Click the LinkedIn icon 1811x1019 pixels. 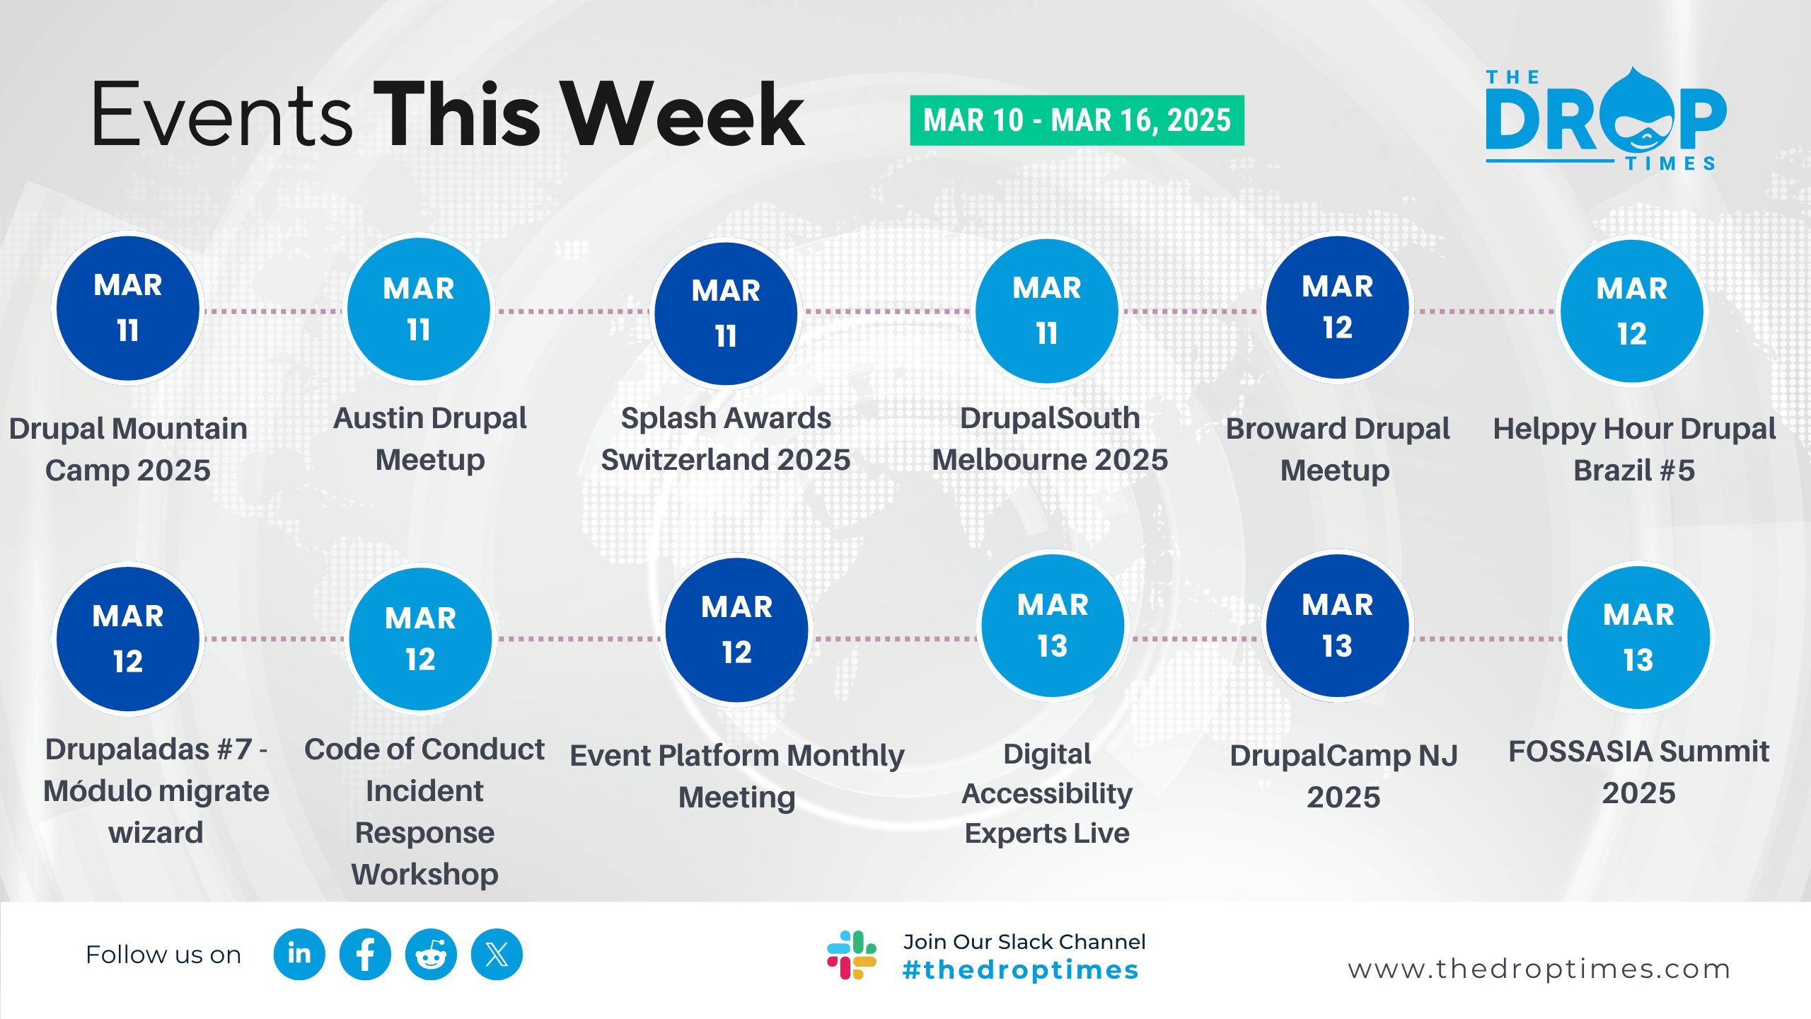[299, 955]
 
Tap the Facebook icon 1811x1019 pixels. [365, 955]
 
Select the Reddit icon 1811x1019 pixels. [431, 955]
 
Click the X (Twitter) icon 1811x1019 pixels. [497, 955]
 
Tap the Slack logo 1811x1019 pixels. [852, 955]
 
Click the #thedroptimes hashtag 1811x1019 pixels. [1020, 970]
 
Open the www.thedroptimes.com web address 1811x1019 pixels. [1539, 969]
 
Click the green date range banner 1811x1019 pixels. [1077, 120]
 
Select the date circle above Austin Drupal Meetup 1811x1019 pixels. [419, 309]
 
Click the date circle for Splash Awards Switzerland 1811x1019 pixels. [726, 313]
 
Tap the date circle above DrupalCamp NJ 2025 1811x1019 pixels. [1337, 626]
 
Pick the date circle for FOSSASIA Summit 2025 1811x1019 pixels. [1638, 638]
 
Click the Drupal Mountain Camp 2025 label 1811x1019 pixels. [128, 449]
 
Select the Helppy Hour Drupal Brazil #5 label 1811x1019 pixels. [1634, 449]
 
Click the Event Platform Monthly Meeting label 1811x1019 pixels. [737, 776]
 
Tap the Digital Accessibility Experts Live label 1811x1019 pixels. [1047, 794]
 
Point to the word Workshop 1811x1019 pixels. [424, 875]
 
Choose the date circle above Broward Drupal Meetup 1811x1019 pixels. [1337, 308]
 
